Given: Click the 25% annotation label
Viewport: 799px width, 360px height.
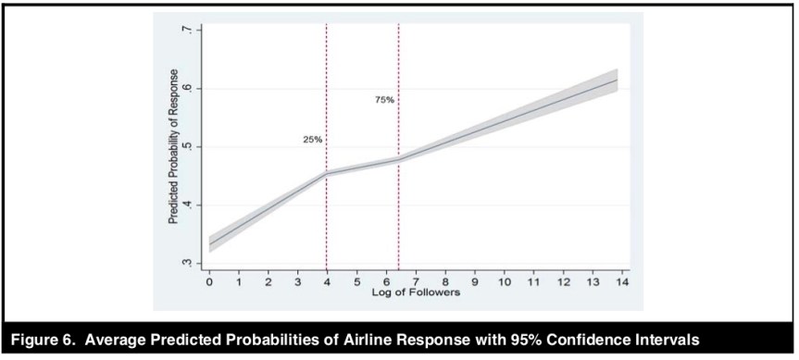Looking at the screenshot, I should point(312,140).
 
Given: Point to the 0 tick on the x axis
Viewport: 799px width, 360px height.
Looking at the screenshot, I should point(209,282).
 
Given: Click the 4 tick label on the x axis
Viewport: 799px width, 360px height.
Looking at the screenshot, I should point(327,282).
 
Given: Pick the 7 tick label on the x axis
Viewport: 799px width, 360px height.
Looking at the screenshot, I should point(416,282).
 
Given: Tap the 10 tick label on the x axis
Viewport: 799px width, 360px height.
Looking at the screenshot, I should point(504,282).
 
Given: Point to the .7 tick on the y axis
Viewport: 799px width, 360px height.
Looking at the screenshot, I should point(188,31).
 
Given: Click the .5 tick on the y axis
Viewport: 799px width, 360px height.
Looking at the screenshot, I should point(188,147).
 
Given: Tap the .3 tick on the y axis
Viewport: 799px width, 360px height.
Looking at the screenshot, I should point(188,264).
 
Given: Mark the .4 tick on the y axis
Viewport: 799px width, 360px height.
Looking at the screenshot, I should point(188,205).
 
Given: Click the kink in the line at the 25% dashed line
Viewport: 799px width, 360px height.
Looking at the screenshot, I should point(327,173).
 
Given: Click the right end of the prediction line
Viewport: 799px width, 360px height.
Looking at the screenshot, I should point(618,80).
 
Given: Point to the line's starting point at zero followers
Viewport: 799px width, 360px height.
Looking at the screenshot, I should point(209,243).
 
